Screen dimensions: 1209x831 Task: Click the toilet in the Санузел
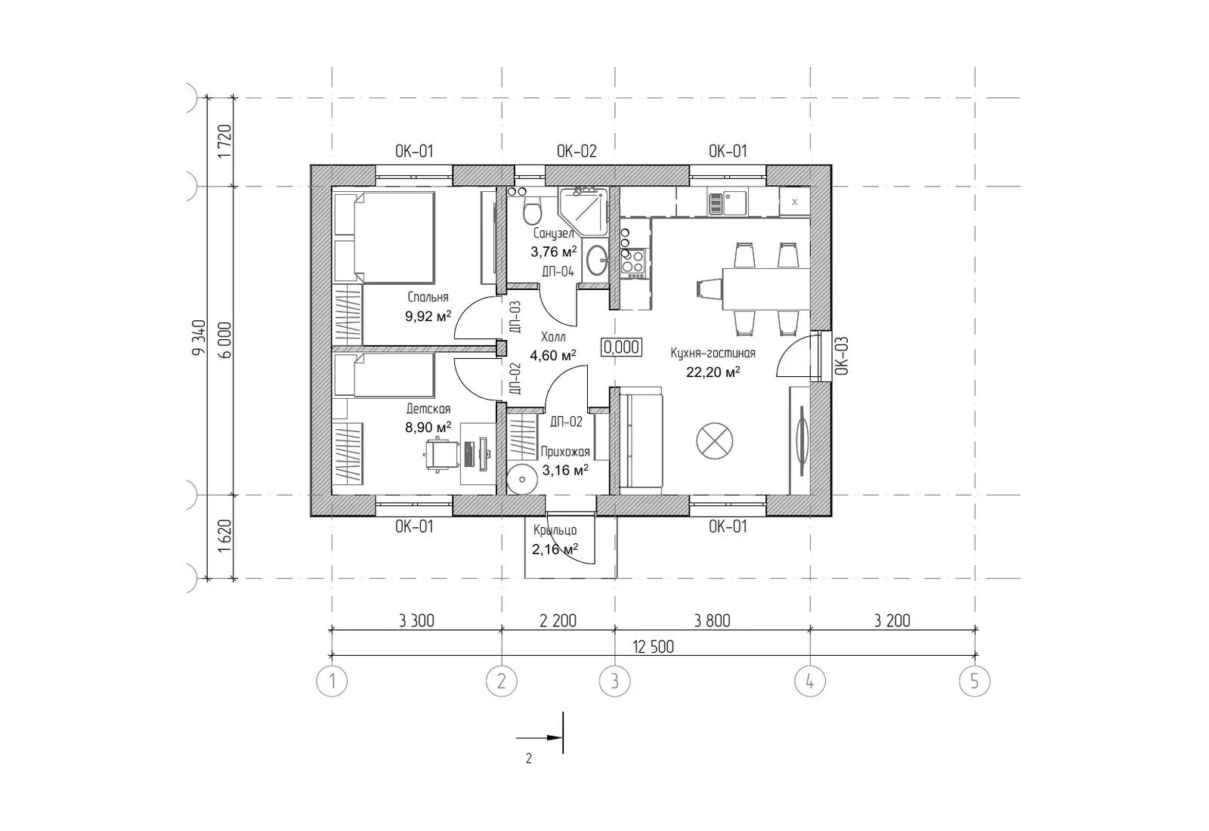click(532, 212)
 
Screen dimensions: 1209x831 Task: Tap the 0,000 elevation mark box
click(622, 347)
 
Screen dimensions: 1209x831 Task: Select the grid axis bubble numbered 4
click(810, 681)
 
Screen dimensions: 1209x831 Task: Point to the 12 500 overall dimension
click(653, 647)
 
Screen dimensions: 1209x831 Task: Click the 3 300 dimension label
click(416, 621)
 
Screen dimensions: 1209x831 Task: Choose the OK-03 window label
click(843, 356)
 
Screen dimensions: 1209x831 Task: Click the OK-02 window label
click(577, 152)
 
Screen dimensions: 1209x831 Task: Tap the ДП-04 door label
click(558, 271)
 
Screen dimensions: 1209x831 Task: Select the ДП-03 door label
click(515, 317)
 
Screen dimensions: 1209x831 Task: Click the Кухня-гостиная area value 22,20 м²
click(713, 372)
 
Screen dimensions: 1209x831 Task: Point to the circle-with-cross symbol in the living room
click(715, 441)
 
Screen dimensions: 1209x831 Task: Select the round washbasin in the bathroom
click(597, 260)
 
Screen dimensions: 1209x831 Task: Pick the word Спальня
click(428, 298)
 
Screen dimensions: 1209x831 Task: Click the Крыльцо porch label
click(555, 531)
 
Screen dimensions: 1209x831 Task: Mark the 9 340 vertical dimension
click(199, 338)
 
